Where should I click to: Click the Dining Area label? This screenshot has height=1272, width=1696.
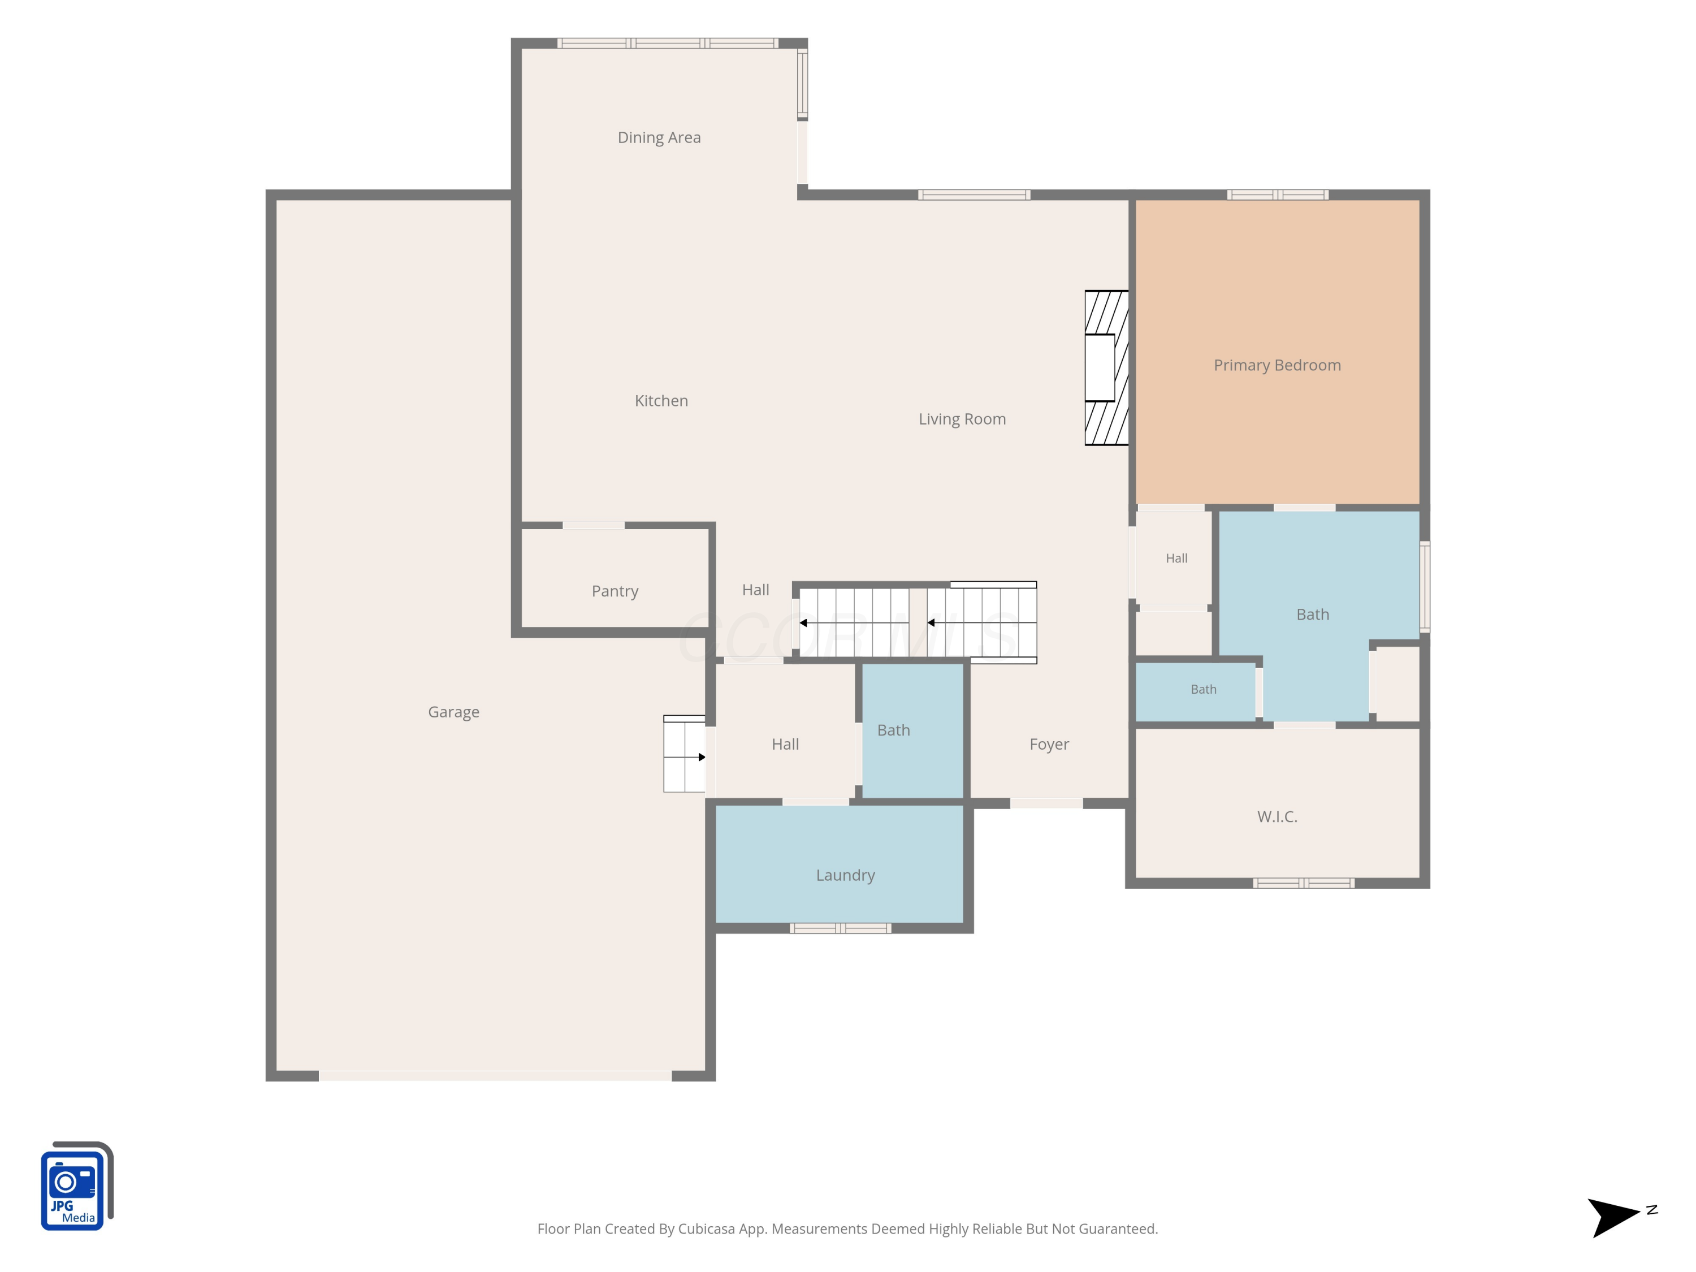(x=659, y=137)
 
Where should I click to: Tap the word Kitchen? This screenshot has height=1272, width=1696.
(x=661, y=401)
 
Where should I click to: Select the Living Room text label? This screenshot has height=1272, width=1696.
(x=962, y=419)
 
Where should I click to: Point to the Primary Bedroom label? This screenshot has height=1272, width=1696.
(x=1277, y=366)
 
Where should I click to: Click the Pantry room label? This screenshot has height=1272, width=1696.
(x=615, y=591)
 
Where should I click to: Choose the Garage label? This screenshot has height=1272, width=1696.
(x=454, y=712)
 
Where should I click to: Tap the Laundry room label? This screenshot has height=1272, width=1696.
(x=845, y=876)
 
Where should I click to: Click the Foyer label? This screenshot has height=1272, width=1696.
(x=1049, y=745)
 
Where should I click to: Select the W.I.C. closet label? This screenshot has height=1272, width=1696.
(x=1277, y=816)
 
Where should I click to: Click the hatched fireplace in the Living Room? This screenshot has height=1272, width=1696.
(x=1106, y=368)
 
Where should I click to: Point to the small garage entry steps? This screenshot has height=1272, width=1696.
(x=684, y=754)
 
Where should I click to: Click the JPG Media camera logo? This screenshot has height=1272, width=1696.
(x=77, y=1186)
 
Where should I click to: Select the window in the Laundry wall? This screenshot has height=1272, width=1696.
(x=840, y=928)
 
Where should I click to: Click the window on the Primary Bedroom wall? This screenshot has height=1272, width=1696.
(x=1277, y=194)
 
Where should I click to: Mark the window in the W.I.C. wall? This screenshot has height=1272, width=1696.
(x=1304, y=883)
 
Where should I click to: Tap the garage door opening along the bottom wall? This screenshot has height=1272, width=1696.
(x=495, y=1076)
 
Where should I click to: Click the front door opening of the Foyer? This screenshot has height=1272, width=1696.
(x=1046, y=803)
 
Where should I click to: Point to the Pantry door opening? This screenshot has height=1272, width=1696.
(x=594, y=525)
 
